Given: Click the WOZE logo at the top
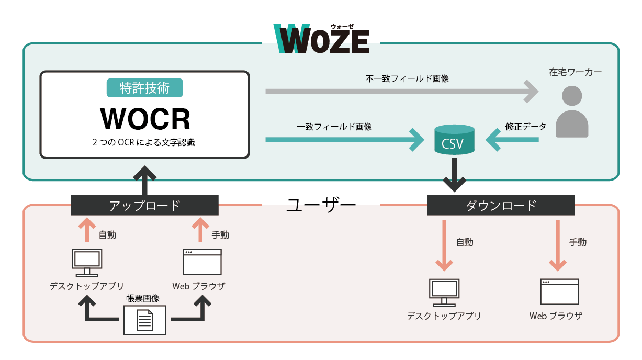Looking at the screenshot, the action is coord(321,39).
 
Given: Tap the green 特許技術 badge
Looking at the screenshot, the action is coord(145,88).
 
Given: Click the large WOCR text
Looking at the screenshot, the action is coord(145,119).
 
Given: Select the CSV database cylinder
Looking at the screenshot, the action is coord(454,140).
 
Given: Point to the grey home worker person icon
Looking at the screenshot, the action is coord(572,112).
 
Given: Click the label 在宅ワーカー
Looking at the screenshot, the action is coord(575,72).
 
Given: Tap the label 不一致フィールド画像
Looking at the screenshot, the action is coord(407,78).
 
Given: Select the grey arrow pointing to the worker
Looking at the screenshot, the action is coord(402,92).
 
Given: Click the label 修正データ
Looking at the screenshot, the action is coord(526,127).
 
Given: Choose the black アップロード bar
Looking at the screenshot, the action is coord(145,205).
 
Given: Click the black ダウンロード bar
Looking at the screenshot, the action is coord(501,205).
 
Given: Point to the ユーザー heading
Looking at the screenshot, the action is coord(321,205).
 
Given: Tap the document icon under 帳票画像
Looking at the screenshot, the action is coord(145,320).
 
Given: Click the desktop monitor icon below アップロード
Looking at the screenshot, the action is coord(87,263).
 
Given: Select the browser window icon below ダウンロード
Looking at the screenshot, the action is coord(559,291).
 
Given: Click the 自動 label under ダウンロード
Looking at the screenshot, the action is coord(465,242).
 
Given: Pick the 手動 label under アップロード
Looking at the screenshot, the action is coord(220,235).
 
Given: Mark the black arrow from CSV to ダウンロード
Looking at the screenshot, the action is coord(455,175).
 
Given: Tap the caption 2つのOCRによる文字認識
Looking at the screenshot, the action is coord(143,142).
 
